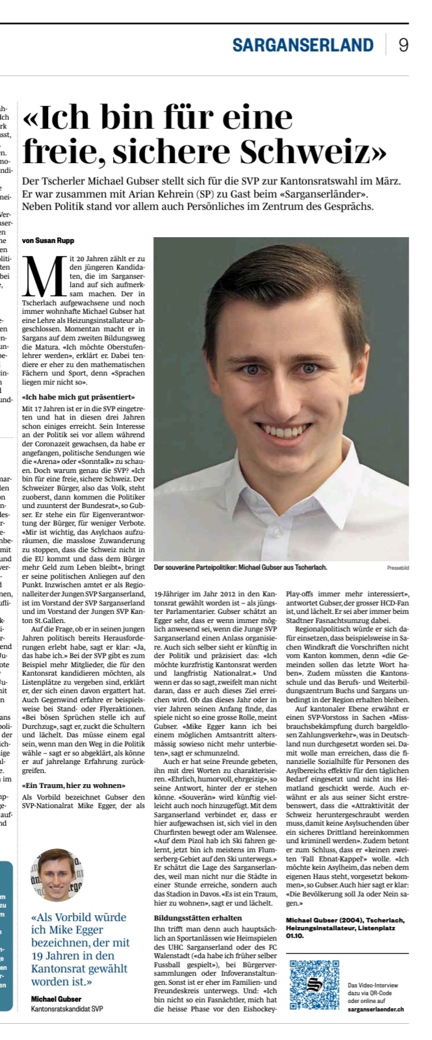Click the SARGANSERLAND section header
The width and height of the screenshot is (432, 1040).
tap(303, 45)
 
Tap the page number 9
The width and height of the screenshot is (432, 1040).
tap(403, 45)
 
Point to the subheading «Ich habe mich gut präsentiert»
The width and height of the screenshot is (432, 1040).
tap(79, 396)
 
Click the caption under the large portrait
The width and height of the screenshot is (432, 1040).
tap(240, 567)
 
